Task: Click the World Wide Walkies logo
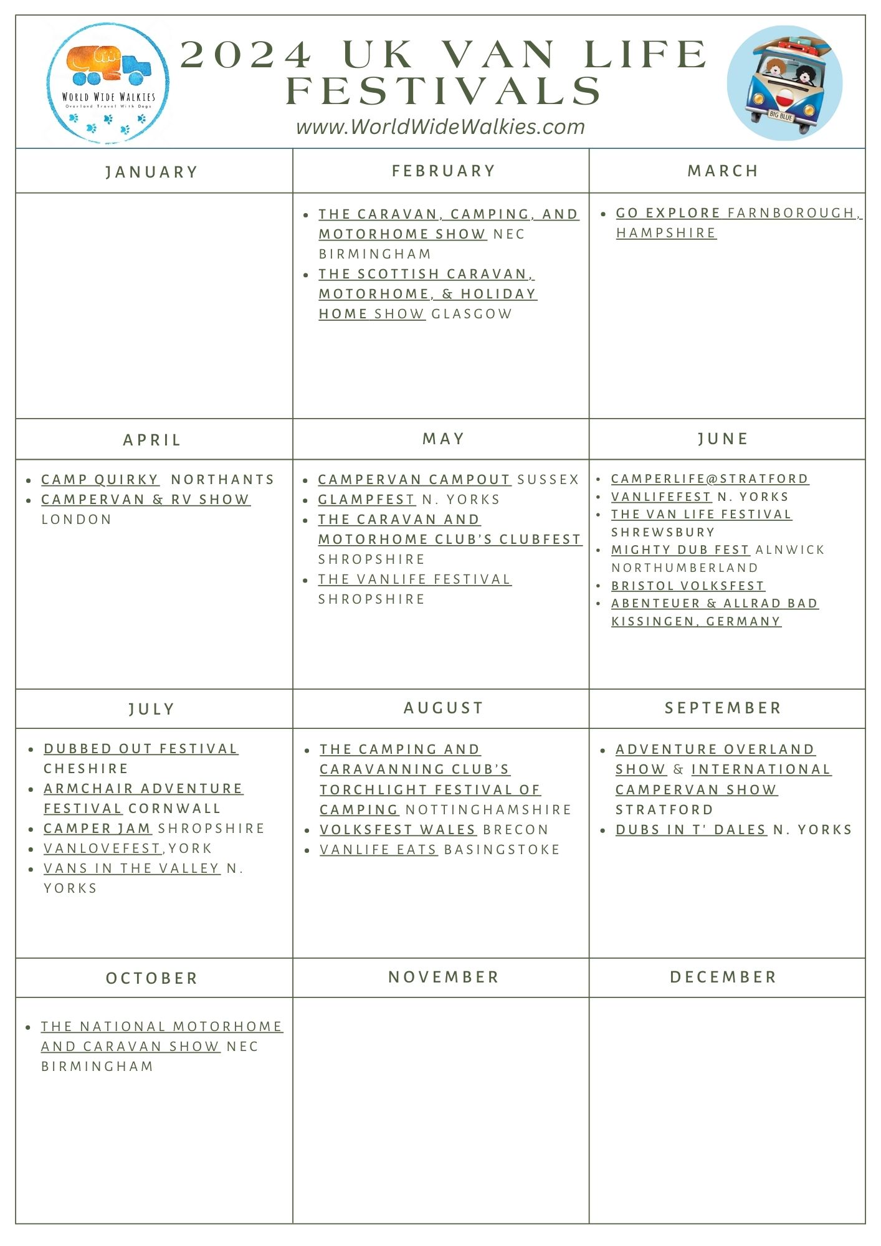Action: (108, 83)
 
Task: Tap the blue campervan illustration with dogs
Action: (784, 83)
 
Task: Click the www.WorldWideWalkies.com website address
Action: (440, 127)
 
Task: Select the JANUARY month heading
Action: (151, 172)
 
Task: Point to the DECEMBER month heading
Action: (723, 977)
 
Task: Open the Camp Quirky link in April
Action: (100, 480)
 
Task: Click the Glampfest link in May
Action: (366, 500)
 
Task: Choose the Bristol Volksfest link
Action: (687, 586)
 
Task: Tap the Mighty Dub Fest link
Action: (680, 549)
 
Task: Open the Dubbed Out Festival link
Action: (141, 749)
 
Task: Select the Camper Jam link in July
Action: (97, 829)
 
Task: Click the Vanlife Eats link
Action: (378, 850)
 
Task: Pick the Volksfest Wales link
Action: (398, 830)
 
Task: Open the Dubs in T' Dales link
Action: (690, 830)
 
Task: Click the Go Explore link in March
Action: (667, 213)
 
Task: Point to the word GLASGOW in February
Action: (472, 314)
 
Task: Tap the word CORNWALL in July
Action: (174, 809)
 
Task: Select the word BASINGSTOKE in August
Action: (502, 850)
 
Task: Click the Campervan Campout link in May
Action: (414, 480)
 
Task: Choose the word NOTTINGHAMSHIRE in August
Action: (488, 810)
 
